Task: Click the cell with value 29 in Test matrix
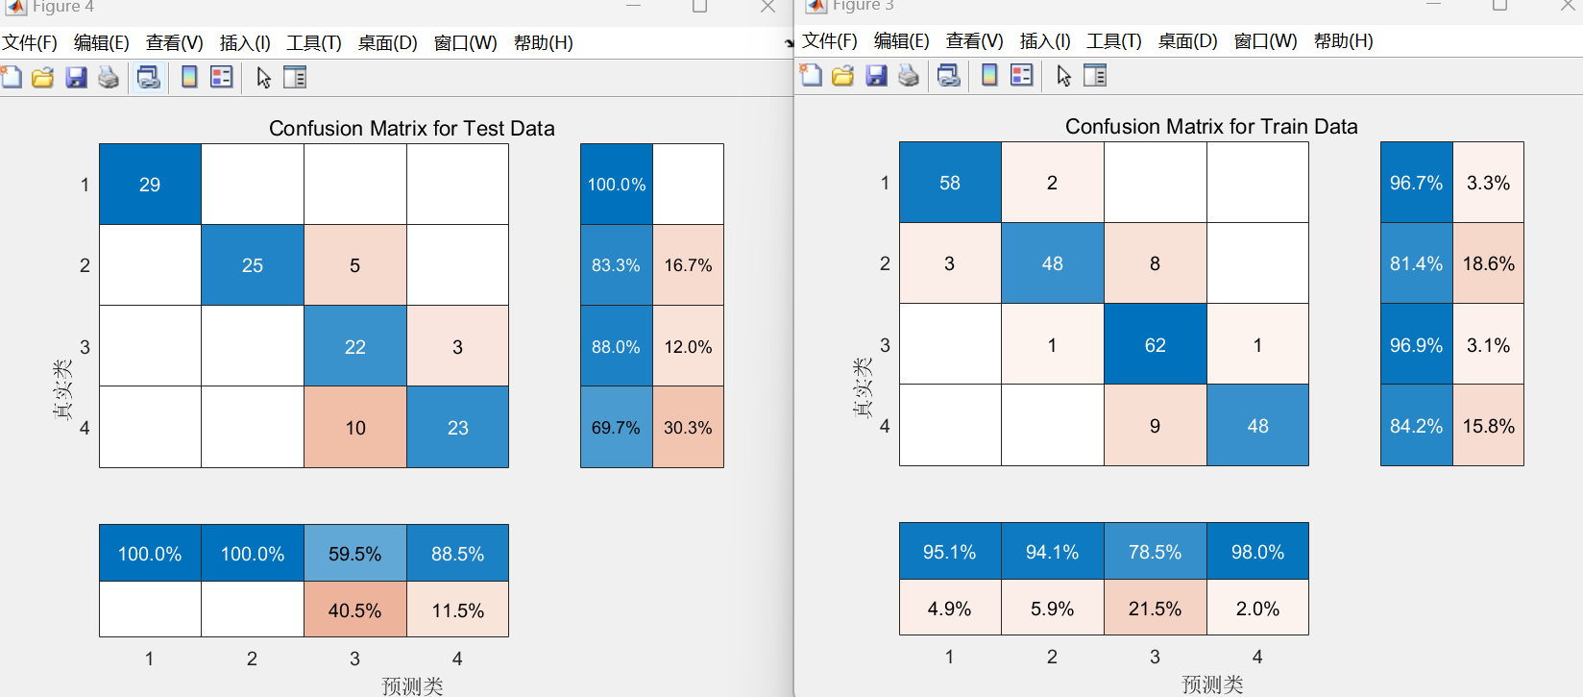click(150, 185)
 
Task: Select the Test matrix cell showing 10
click(355, 428)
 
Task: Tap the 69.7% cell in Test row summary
click(616, 428)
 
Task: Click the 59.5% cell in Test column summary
click(355, 554)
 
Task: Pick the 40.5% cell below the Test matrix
click(355, 610)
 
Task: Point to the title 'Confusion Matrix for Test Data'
click(411, 129)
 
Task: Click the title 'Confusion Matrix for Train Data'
click(1211, 127)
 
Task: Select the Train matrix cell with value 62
click(1155, 345)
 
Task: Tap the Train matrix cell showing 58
click(950, 183)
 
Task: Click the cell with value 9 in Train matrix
click(1155, 426)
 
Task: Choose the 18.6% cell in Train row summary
click(1488, 263)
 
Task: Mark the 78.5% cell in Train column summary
click(1155, 552)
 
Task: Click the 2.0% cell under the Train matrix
click(1257, 609)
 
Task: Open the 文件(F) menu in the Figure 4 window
click(30, 43)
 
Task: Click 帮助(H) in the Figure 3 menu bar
click(1343, 41)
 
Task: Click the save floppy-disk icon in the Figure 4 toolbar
click(76, 78)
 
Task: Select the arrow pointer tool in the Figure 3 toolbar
click(1063, 76)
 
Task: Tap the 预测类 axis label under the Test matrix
click(412, 685)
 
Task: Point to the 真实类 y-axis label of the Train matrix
click(862, 387)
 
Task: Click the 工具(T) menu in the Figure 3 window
click(1113, 41)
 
